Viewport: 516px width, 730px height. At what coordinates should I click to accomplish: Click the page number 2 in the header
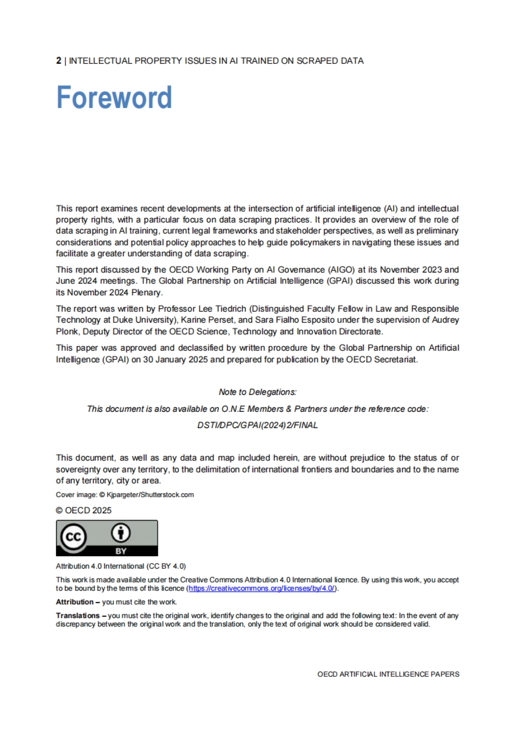coord(58,61)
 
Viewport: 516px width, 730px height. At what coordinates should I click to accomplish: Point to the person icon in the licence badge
coord(121,533)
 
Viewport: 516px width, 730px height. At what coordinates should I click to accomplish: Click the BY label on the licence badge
coord(121,551)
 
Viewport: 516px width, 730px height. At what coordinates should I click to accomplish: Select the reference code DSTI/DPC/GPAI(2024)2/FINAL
coord(258,425)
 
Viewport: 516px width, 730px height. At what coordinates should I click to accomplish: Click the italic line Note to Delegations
coord(258,392)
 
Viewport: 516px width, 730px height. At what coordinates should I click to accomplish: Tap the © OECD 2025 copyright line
coord(83,510)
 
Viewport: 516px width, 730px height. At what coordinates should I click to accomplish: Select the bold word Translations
coord(78,616)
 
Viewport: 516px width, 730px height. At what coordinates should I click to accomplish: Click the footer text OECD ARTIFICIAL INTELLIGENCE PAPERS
coord(388,674)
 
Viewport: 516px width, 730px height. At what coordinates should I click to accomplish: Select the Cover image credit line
coord(125,495)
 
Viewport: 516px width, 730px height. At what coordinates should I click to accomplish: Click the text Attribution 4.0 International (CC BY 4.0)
coord(121,566)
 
